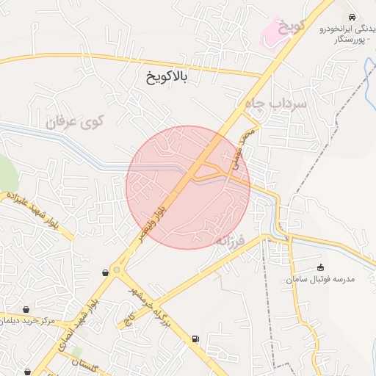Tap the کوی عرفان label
76,121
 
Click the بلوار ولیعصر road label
156,217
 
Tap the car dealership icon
353,16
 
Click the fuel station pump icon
195,339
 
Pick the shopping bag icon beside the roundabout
106,272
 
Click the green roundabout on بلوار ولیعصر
115,270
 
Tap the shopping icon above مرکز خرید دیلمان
27,309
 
